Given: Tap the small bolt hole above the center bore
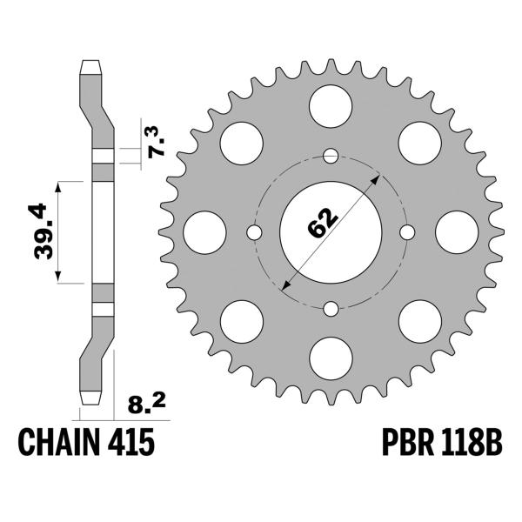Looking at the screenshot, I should (330, 157).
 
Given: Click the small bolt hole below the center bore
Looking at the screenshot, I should (330, 309).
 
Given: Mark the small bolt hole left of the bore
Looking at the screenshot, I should (254, 233).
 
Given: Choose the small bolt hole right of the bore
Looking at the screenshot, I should (406, 233).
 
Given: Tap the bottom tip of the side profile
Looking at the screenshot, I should (92, 399).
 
